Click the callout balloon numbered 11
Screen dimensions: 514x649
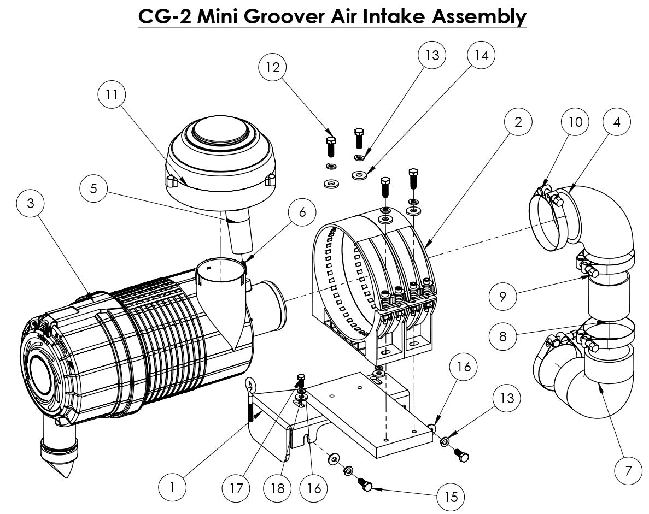pyautogui.click(x=112, y=94)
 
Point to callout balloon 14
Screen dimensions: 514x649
pyautogui.click(x=481, y=56)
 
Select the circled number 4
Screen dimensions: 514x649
pyautogui.click(x=617, y=122)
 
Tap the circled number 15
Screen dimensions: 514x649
pyautogui.click(x=451, y=497)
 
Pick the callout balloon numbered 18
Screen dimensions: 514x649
pyautogui.click(x=278, y=487)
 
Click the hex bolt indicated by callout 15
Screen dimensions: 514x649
pyautogui.click(x=366, y=485)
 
